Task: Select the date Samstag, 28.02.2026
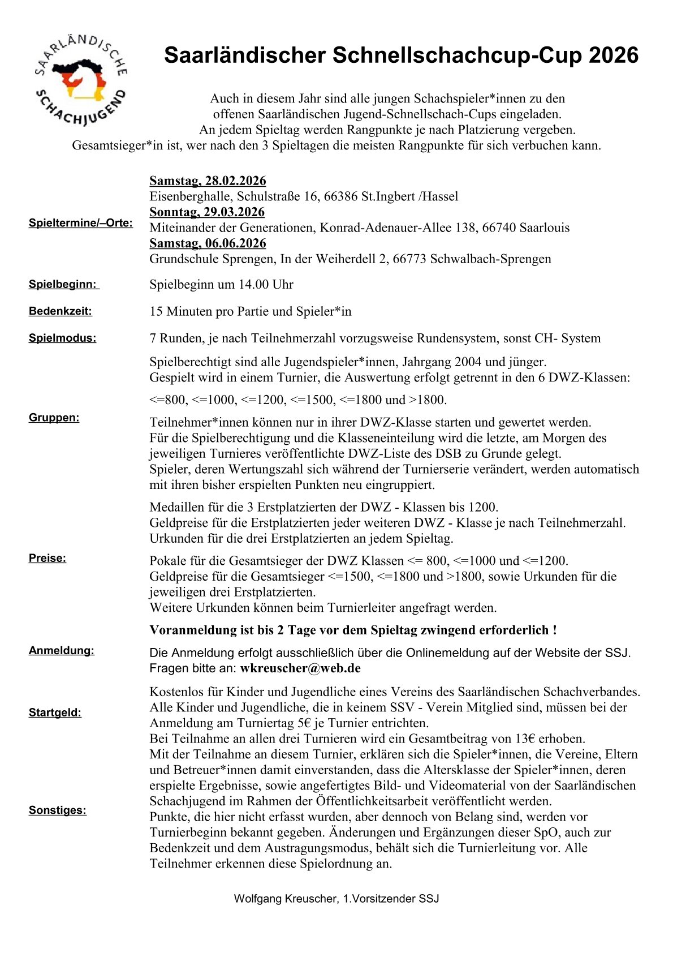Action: tap(208, 181)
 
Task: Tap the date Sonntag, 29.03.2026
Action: tap(207, 212)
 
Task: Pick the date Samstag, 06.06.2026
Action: tap(208, 243)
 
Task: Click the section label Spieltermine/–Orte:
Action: tap(81, 223)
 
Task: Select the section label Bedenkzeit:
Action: tap(61, 311)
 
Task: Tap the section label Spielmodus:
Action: tap(62, 338)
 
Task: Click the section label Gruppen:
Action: tap(54, 418)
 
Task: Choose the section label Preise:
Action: tap(48, 559)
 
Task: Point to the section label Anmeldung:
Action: tap(62, 651)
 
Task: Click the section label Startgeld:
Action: tap(55, 712)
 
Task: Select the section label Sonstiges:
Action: tap(58, 810)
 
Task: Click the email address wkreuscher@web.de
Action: tap(300, 668)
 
